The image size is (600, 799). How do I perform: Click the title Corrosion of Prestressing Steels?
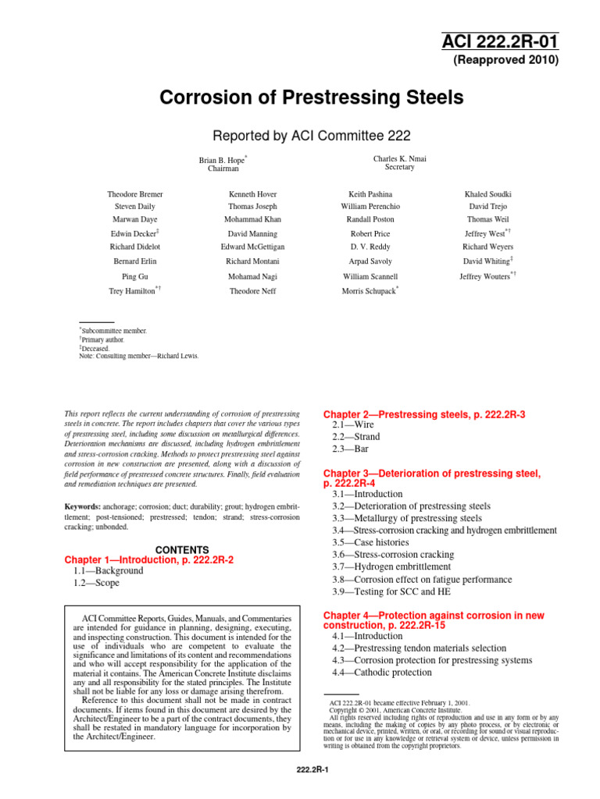point(312,98)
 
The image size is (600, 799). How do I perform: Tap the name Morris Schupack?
point(370,290)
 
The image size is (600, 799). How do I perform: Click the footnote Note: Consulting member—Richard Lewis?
point(139,356)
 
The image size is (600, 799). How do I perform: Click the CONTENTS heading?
point(181,549)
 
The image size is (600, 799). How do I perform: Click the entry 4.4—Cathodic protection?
point(381,673)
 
